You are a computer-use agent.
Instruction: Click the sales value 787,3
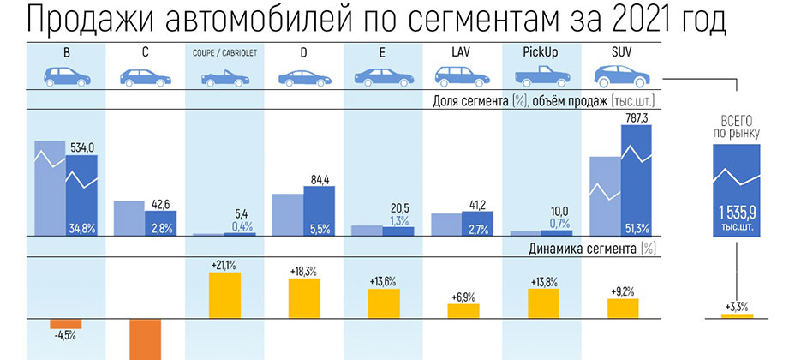click(x=637, y=118)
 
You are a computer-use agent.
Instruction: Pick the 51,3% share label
click(x=637, y=227)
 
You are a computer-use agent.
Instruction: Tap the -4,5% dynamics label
click(x=65, y=335)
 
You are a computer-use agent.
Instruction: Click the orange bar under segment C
click(x=145, y=339)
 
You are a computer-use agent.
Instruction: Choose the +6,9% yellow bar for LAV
click(x=463, y=310)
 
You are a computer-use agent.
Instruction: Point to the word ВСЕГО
click(x=736, y=121)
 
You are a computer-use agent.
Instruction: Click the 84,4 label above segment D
click(x=320, y=179)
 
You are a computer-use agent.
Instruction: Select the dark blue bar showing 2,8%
click(x=161, y=223)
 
